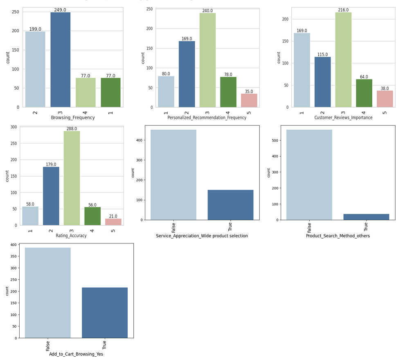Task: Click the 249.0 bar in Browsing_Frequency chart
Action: [x=61, y=60]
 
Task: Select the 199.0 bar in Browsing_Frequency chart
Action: [x=35, y=69]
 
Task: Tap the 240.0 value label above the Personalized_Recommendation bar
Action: [x=207, y=11]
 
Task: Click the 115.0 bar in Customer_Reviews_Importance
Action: [x=322, y=82]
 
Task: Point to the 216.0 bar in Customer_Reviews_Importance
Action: [x=343, y=60]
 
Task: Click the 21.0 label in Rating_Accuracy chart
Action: [x=113, y=216]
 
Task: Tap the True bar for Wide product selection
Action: [x=230, y=205]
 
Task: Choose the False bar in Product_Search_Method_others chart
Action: [x=309, y=175]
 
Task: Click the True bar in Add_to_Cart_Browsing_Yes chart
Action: [x=105, y=313]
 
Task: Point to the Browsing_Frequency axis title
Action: [x=73, y=118]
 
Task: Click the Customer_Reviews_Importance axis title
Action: [x=343, y=118]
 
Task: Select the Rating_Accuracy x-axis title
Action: [x=71, y=236]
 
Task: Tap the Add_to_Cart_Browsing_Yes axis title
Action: [x=76, y=354]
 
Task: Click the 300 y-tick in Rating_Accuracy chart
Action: [x=13, y=127]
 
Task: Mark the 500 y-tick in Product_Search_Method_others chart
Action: [x=274, y=140]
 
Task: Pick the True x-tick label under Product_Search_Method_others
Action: [x=366, y=226]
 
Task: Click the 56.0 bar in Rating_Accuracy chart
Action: [x=92, y=216]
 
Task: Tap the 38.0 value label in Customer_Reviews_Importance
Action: [x=385, y=88]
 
